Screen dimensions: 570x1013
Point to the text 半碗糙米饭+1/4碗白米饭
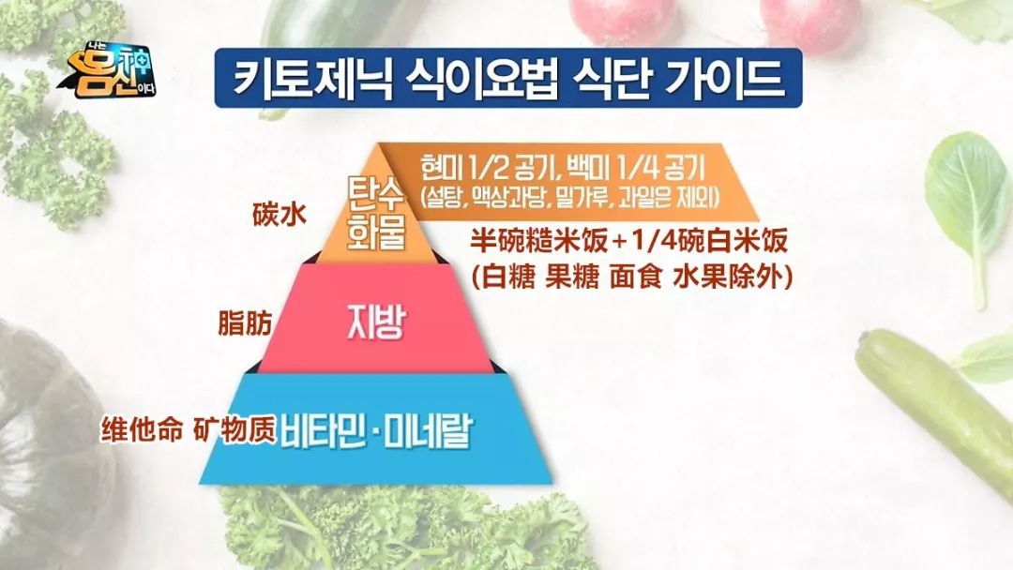pos(627,242)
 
